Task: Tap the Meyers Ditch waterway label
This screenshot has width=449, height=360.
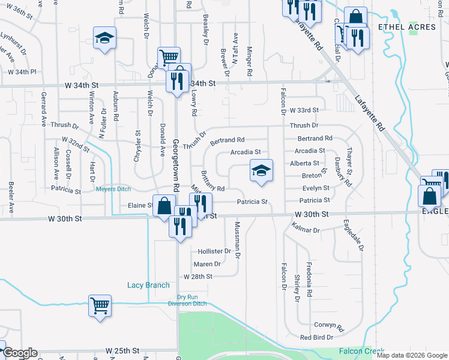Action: [113, 190]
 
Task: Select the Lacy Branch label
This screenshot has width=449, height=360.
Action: [148, 285]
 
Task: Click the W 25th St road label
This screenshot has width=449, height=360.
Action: [123, 350]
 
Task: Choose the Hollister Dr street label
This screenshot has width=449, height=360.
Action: [211, 251]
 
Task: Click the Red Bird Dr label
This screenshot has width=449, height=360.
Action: [316, 338]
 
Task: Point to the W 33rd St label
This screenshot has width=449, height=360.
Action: [303, 110]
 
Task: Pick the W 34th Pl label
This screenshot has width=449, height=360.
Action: [22, 71]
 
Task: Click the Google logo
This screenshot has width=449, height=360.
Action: [19, 353]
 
